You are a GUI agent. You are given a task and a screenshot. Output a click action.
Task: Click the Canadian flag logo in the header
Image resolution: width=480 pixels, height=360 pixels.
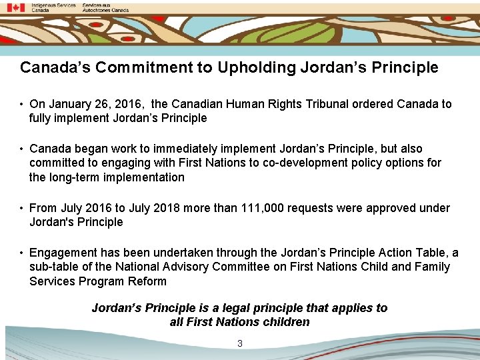coord(15,7)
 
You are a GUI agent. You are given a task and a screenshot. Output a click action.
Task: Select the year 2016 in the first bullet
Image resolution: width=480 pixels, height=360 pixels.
coord(130,104)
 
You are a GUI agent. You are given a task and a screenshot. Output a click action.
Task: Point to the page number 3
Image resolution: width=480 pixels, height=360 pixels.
coord(240,343)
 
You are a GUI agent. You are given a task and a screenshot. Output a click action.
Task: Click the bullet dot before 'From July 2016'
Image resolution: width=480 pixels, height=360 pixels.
coord(22,208)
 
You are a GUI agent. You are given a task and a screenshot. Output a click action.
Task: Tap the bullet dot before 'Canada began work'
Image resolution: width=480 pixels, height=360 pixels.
coord(22,149)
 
